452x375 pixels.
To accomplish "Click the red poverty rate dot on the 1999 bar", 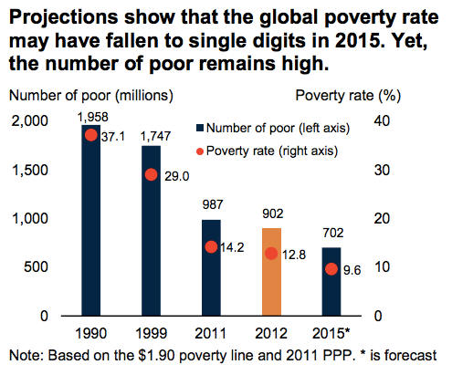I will [x=151, y=174].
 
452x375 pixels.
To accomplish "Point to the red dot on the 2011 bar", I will [x=211, y=246].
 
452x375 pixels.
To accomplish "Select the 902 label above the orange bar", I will [x=271, y=215].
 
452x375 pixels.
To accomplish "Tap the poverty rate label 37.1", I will [x=116, y=136].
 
